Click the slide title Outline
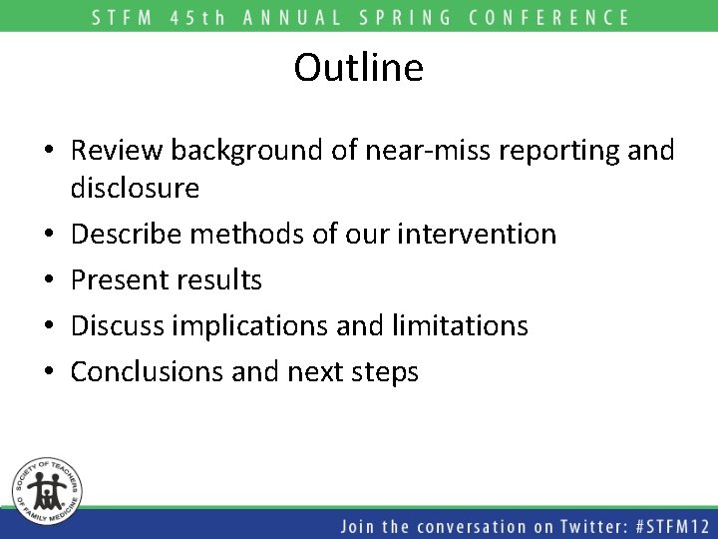click(359, 68)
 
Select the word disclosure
click(135, 188)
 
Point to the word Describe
click(129, 234)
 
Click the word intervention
click(476, 234)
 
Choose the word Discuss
click(120, 325)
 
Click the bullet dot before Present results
click(49, 280)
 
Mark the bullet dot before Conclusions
click(49, 372)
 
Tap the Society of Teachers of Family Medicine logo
click(48, 489)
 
